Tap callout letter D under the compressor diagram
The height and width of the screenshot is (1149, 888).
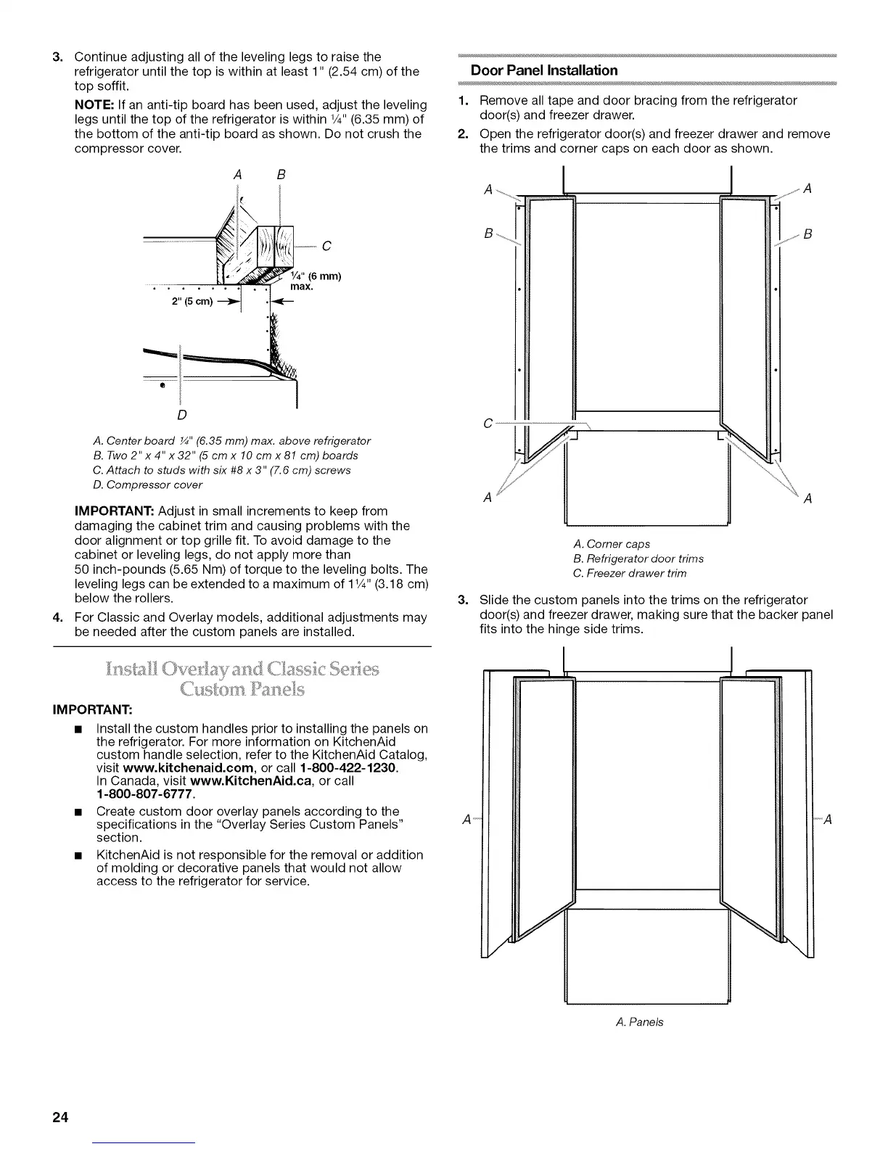pyautogui.click(x=181, y=415)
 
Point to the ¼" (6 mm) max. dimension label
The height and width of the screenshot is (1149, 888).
pyautogui.click(x=316, y=281)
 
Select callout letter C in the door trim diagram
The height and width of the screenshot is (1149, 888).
pyautogui.click(x=488, y=423)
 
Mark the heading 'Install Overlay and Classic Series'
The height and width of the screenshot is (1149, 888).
pyautogui.click(x=242, y=668)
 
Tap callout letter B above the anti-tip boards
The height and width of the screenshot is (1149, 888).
pyautogui.click(x=281, y=174)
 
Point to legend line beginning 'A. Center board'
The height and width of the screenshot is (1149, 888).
pyautogui.click(x=232, y=441)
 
